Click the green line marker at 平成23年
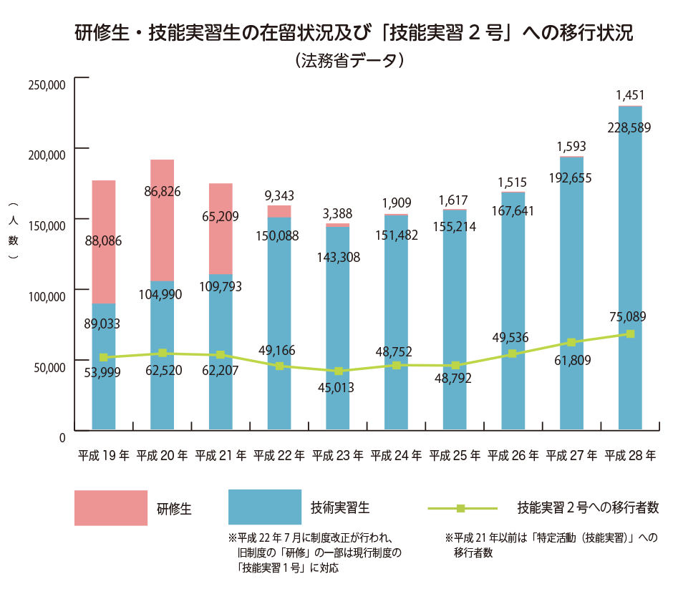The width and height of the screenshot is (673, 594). click(338, 371)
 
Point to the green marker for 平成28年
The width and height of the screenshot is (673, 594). click(630, 334)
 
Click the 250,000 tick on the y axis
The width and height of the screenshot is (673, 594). click(47, 84)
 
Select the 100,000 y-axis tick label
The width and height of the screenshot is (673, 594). click(47, 296)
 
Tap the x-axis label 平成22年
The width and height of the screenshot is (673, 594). click(279, 455)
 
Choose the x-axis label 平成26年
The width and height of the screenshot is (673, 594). click(513, 455)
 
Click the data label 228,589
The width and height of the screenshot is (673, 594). click(629, 128)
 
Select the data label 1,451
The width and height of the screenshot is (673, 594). click(630, 95)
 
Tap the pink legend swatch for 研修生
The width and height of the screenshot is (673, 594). click(111, 508)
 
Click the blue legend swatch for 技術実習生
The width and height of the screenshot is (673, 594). click(264, 507)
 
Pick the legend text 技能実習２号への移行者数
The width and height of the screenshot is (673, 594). click(587, 508)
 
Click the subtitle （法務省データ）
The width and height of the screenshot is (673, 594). click(349, 61)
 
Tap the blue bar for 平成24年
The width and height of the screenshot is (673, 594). click(396, 322)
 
